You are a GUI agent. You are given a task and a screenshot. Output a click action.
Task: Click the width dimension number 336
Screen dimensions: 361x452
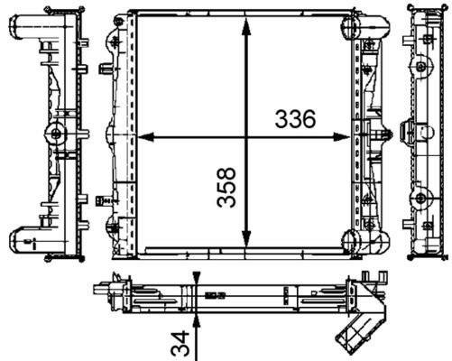click(294, 118)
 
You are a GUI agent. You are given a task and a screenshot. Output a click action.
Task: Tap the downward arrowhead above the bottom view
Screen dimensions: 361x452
click(194, 279)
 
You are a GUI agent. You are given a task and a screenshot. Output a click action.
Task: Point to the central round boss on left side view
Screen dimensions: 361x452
click(56, 134)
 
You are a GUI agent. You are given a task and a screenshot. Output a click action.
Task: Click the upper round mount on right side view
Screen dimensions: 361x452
click(420, 66)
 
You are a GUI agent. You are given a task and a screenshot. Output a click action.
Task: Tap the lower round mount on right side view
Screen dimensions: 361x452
click(420, 198)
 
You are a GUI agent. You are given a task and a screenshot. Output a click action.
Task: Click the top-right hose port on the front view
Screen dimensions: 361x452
click(358, 29)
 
